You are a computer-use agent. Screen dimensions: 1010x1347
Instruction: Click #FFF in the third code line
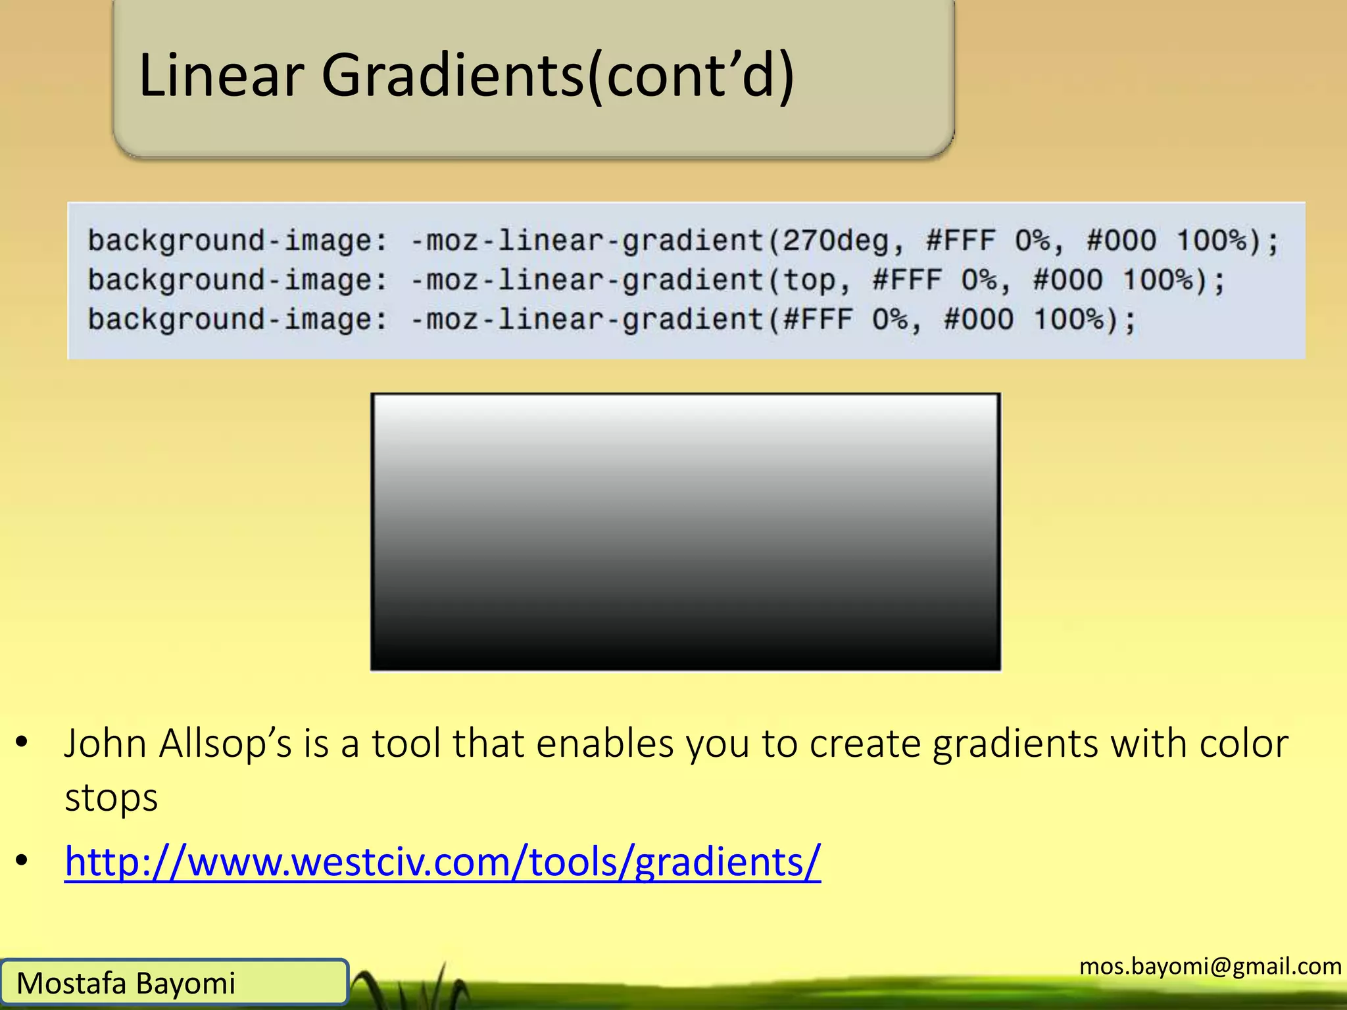tap(818, 320)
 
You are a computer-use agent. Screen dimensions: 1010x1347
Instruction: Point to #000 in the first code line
tap(1121, 241)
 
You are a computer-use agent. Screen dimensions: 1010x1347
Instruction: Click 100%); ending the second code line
tap(1174, 281)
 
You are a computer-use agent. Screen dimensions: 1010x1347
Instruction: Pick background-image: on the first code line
tap(238, 241)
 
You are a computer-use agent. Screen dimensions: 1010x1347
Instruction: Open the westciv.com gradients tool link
tap(443, 861)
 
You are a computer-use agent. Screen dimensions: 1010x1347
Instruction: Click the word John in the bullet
tap(105, 744)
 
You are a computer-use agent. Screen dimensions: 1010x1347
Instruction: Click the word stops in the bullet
tap(111, 798)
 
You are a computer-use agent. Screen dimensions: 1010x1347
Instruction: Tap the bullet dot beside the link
tap(22, 860)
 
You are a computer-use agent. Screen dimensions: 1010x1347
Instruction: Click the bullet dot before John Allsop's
tap(22, 742)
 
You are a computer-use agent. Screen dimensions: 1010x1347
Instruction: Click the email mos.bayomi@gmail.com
tap(1210, 966)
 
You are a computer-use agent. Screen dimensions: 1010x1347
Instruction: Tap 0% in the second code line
tap(979, 281)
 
